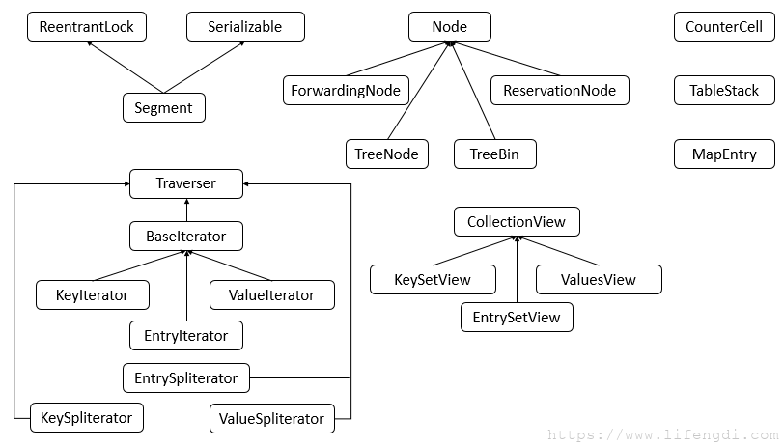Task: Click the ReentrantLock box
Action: point(87,26)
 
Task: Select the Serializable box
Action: point(245,26)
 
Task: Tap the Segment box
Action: point(164,107)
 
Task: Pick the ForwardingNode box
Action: point(346,91)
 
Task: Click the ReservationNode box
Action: point(560,91)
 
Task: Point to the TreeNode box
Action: point(387,154)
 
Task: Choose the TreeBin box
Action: point(495,154)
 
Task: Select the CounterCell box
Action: point(724,26)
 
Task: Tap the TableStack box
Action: point(724,91)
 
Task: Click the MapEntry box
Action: point(724,154)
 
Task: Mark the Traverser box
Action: point(186,183)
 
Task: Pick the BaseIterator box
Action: point(186,236)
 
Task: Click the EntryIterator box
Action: point(186,336)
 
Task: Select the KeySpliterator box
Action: point(87,417)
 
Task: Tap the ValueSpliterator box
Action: point(272,418)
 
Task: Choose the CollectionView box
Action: point(517,221)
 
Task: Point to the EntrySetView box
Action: point(517,317)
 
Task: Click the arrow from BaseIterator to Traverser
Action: point(186,210)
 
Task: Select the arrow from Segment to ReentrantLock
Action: point(125,67)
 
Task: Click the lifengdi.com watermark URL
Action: point(663,434)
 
